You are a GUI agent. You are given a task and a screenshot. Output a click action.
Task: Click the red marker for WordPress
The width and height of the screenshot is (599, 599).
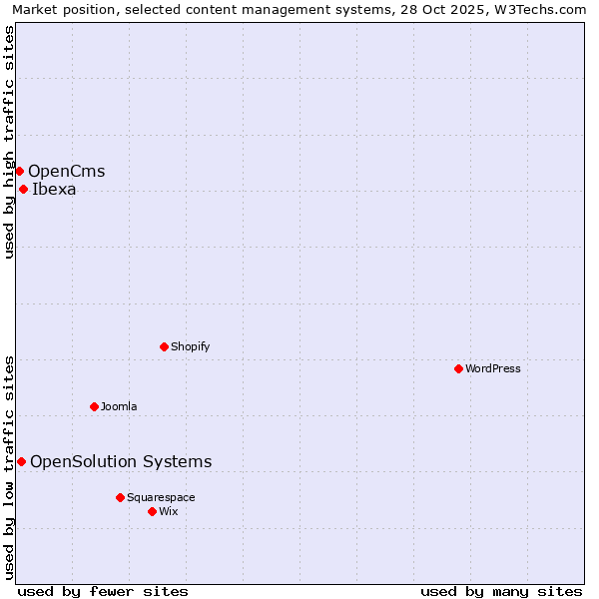[x=458, y=368]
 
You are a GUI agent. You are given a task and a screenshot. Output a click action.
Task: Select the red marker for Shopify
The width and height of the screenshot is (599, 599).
[x=164, y=346]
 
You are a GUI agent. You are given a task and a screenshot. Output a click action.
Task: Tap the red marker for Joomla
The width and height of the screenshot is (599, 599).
[x=94, y=406]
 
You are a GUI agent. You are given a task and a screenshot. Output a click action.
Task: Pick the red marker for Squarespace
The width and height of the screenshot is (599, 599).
[x=120, y=497]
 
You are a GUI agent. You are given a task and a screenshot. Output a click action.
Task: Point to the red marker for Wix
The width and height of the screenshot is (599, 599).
[x=152, y=511]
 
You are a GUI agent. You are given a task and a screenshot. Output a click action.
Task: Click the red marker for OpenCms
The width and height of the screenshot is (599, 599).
[x=19, y=171]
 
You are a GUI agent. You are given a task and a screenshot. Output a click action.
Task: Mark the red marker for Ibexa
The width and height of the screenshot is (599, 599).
[x=23, y=189]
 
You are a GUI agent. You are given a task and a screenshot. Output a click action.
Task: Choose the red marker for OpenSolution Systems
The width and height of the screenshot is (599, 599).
[x=21, y=461]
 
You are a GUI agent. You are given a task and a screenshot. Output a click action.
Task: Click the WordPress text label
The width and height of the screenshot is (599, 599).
[x=493, y=368]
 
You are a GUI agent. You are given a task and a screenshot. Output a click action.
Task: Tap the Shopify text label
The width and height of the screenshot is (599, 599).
[x=190, y=346]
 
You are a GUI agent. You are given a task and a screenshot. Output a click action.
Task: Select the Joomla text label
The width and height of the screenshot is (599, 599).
[x=119, y=406]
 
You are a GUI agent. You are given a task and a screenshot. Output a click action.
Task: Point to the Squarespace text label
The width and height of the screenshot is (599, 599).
[x=161, y=497]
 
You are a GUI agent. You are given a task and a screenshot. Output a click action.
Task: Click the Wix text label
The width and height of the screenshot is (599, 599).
[x=168, y=511]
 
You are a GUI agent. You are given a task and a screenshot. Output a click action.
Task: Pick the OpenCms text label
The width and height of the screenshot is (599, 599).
[x=66, y=171]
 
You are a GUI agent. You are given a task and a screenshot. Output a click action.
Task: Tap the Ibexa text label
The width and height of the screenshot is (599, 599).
[x=54, y=189]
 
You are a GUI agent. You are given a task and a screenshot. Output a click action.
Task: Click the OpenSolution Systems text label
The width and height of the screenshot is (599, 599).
[x=121, y=461]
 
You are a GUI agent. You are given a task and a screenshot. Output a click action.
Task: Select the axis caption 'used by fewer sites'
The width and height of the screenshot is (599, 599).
[x=103, y=591]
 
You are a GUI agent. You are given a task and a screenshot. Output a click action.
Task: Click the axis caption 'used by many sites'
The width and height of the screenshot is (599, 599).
[x=501, y=591]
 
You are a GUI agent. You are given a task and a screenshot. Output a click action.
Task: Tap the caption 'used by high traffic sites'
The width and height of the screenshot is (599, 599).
[x=9, y=142]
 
